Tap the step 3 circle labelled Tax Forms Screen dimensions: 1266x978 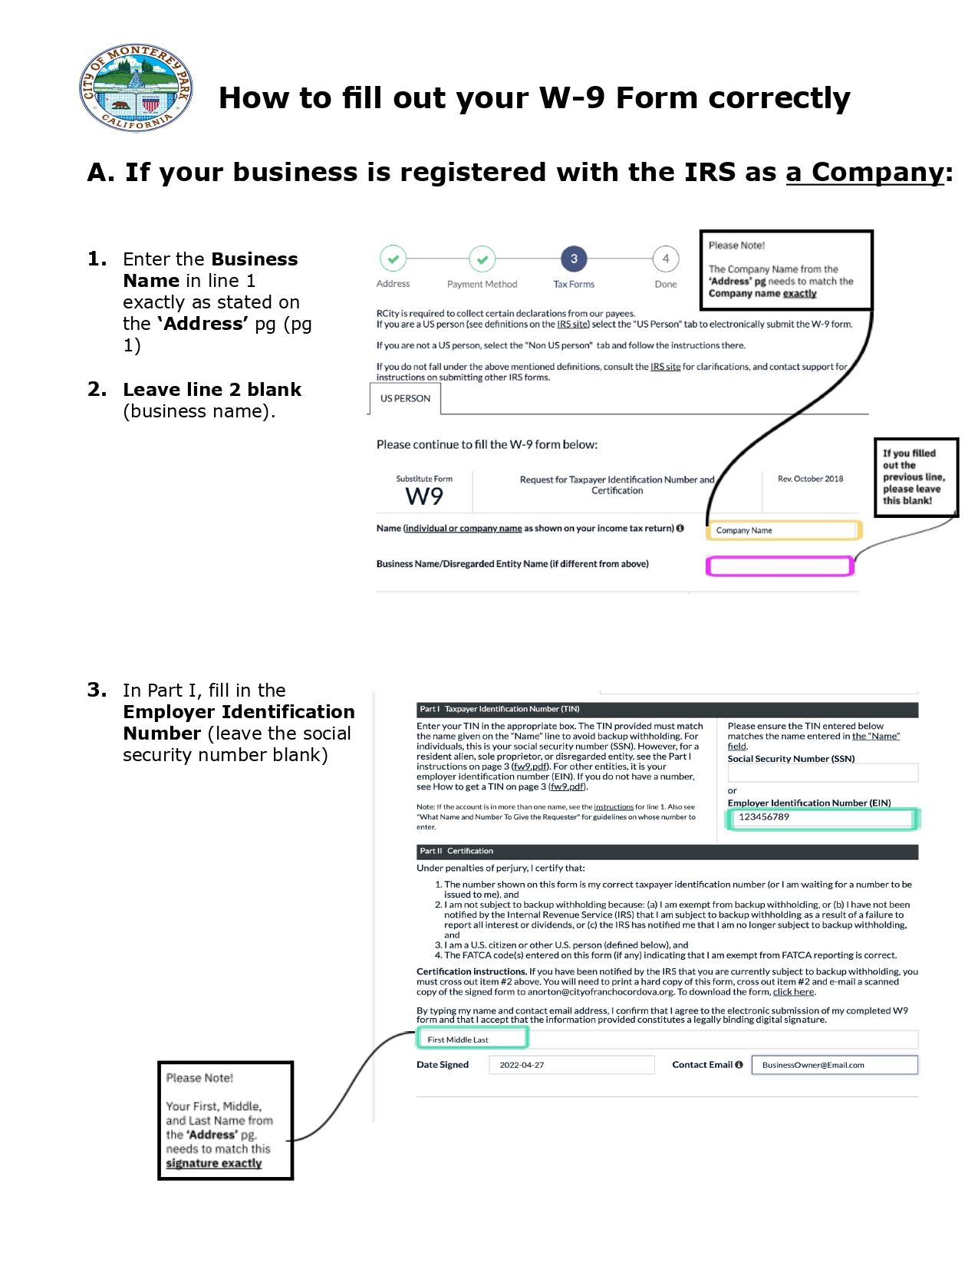click(574, 259)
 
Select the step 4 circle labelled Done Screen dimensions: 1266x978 click(665, 259)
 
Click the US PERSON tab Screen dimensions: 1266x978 click(405, 399)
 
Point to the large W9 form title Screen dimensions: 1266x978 click(424, 496)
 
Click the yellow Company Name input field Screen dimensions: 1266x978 click(782, 530)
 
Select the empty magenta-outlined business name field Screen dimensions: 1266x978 click(779, 566)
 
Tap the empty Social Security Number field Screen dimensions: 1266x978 click(822, 773)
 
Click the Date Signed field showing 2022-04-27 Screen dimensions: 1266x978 click(571, 1065)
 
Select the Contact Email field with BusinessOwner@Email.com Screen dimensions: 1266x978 click(835, 1065)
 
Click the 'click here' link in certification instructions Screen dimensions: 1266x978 click(793, 992)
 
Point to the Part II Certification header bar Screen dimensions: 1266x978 click(667, 852)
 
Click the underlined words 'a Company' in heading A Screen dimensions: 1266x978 click(864, 173)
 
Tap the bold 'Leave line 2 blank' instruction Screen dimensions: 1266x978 click(212, 390)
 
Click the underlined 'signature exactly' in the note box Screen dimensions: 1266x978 click(214, 1163)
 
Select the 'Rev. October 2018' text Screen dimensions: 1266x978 click(810, 479)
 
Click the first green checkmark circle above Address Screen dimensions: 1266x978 click(393, 259)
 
